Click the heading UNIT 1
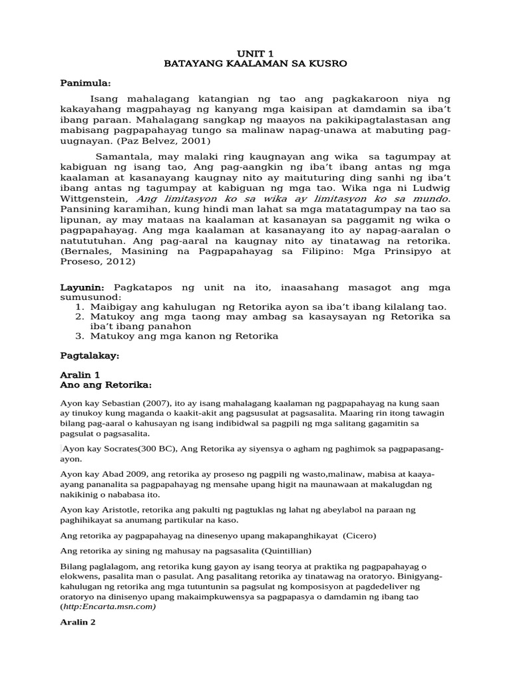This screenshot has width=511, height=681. click(x=255, y=52)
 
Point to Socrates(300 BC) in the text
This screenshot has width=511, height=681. click(x=142, y=449)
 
